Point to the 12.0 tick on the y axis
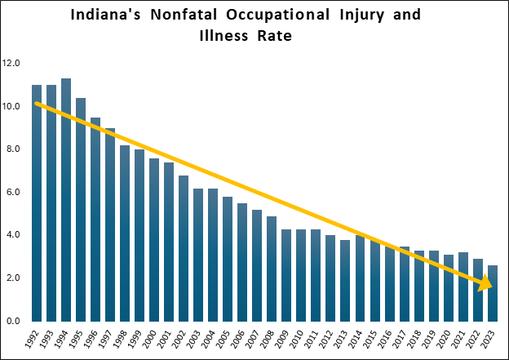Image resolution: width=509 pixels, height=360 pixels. [12, 63]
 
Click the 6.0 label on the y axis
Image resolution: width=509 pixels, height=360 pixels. [14, 192]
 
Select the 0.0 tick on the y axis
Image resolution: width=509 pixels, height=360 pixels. [14, 321]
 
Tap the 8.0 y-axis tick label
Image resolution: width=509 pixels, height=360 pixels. [14, 149]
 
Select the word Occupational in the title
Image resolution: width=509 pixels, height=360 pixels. [285, 16]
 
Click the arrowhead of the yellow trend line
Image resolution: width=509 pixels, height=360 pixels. [486, 282]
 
